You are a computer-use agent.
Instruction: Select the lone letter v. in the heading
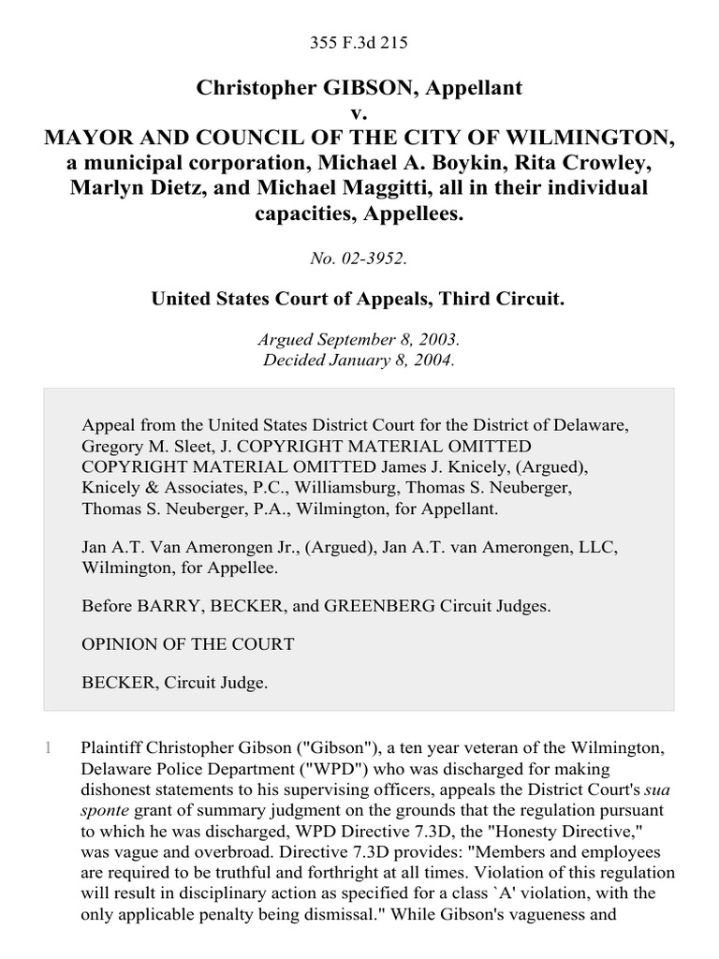359,113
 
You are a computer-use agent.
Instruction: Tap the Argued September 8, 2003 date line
359,343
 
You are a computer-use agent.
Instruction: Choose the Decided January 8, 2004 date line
359,362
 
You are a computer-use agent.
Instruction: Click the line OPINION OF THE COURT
188,644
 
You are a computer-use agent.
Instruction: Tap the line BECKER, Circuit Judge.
175,683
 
